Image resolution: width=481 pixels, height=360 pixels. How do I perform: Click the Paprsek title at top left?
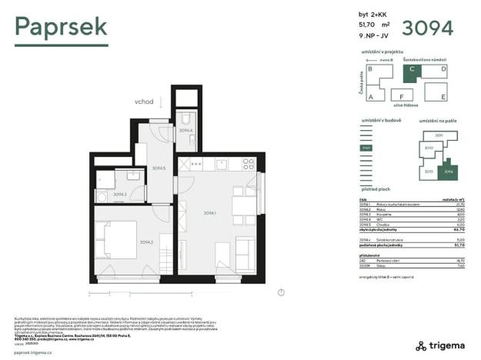coord(61,28)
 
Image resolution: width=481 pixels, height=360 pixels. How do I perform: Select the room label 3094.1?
coord(209,213)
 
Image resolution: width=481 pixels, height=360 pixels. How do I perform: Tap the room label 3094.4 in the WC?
coord(185,131)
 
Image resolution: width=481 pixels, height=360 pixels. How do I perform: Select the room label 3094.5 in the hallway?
coord(159,168)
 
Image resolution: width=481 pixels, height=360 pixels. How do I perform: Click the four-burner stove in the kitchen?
coord(248,163)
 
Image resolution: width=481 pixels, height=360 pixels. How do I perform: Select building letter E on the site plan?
coord(443,96)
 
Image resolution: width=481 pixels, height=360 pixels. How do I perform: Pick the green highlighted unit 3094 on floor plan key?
coord(448,171)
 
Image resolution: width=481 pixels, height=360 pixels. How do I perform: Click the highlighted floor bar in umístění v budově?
coord(366,148)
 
